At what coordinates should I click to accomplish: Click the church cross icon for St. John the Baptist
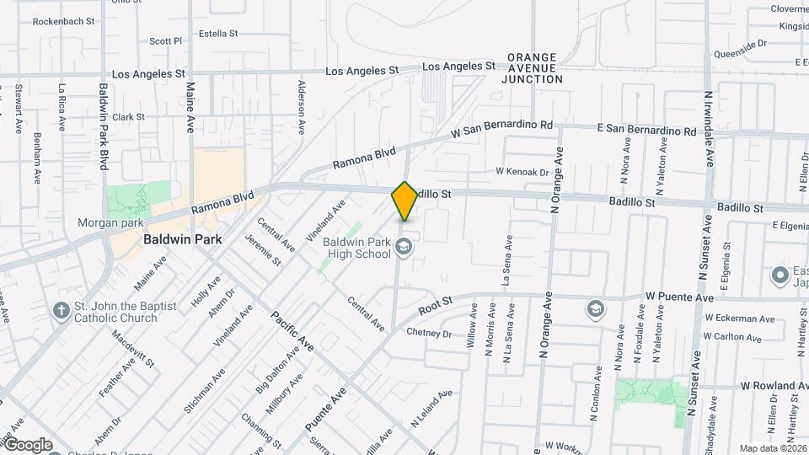pos(61,311)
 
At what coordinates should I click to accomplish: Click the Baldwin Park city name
pos(182,239)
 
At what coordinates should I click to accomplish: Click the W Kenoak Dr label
pos(522,172)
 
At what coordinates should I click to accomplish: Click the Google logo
pos(27,445)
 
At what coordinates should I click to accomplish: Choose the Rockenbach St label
pos(63,21)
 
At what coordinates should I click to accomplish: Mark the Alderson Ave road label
pos(301,107)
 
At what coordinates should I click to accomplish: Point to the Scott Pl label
pos(165,40)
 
